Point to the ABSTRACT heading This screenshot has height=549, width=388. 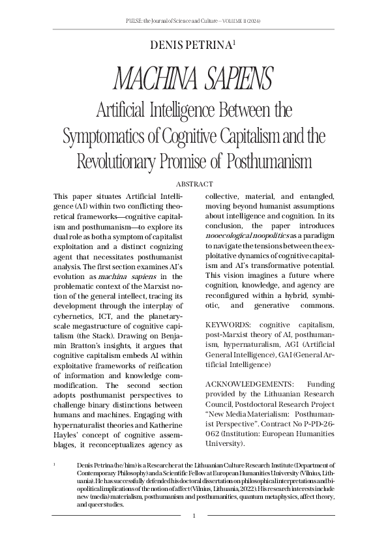(194, 185)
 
